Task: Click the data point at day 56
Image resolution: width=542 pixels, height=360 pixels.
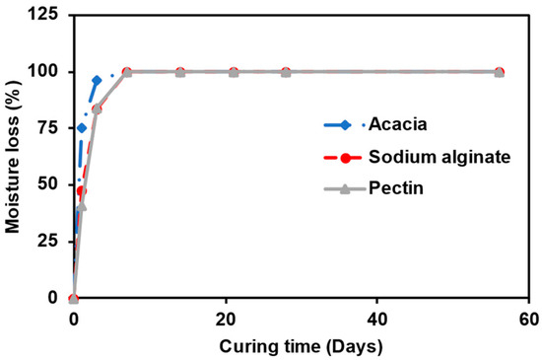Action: [499, 72]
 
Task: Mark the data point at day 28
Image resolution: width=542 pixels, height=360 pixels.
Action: [286, 72]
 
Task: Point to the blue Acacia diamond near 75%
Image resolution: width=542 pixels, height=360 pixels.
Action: [82, 128]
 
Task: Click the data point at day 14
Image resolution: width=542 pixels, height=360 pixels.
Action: [180, 72]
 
